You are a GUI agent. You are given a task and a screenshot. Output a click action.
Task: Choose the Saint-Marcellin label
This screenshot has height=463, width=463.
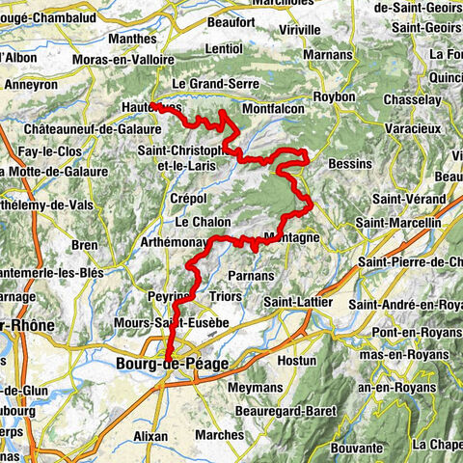coord(398,223)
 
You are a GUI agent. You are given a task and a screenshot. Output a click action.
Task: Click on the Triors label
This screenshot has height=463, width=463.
coord(225,297)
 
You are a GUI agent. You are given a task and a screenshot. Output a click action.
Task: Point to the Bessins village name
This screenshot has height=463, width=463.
coord(349,164)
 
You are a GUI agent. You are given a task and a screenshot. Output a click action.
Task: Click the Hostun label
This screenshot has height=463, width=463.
coord(297,360)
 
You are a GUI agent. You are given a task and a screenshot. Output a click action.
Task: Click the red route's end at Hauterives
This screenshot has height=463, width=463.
coord(152,105)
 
